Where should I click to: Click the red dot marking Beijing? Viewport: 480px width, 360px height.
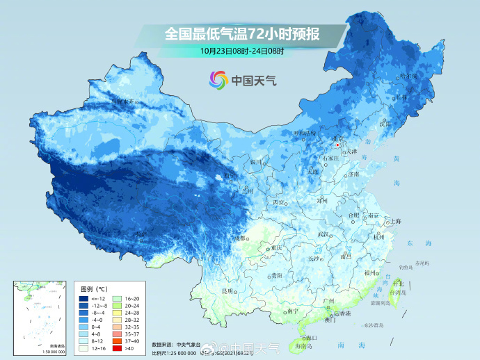337,146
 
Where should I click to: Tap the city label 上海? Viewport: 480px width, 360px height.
396,221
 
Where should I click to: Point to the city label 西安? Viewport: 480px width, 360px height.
279,202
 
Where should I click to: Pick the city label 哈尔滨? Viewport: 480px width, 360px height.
410,75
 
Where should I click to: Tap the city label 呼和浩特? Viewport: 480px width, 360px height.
304,133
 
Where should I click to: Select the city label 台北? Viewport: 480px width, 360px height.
399,284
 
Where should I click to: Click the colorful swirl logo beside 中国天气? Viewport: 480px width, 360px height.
218,80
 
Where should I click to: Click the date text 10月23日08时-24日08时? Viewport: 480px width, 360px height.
239,50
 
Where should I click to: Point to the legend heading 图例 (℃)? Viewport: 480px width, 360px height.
93,288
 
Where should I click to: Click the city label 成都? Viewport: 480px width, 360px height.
241,238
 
